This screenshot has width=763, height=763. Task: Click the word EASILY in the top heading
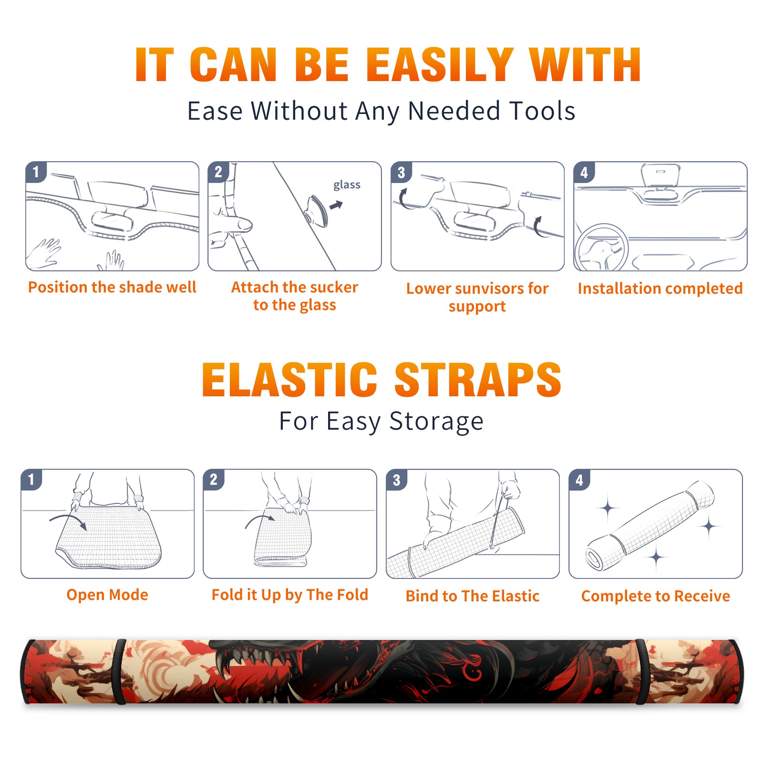pyautogui.click(x=440, y=65)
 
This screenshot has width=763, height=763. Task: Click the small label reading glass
pyautogui.click(x=347, y=185)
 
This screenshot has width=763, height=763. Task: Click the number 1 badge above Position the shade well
pyautogui.click(x=36, y=172)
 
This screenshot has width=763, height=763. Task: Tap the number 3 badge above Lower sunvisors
pyautogui.click(x=402, y=172)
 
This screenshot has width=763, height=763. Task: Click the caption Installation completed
pyautogui.click(x=660, y=289)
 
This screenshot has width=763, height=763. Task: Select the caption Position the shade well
pyautogui.click(x=112, y=288)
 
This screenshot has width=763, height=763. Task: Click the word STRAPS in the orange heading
pyautogui.click(x=478, y=380)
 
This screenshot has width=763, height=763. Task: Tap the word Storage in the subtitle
pyautogui.click(x=436, y=422)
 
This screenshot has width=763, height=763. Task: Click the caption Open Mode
pyautogui.click(x=107, y=595)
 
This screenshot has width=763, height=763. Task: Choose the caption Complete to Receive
pyautogui.click(x=656, y=596)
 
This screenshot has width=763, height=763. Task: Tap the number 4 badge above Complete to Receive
pyautogui.click(x=579, y=480)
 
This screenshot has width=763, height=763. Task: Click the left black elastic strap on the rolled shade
pyautogui.click(x=119, y=672)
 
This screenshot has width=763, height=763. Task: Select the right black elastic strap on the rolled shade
pyautogui.click(x=640, y=672)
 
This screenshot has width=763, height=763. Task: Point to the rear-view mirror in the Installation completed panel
pyautogui.click(x=660, y=175)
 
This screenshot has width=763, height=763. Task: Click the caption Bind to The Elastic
pyautogui.click(x=473, y=596)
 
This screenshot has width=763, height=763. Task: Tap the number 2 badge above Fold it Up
pyautogui.click(x=214, y=480)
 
